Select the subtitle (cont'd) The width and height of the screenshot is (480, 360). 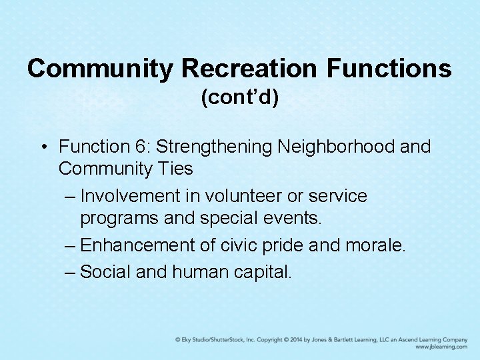240,97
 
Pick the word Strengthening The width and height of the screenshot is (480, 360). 220,146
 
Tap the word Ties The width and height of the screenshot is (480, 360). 175,169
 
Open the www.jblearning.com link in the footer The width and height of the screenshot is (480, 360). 441,347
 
